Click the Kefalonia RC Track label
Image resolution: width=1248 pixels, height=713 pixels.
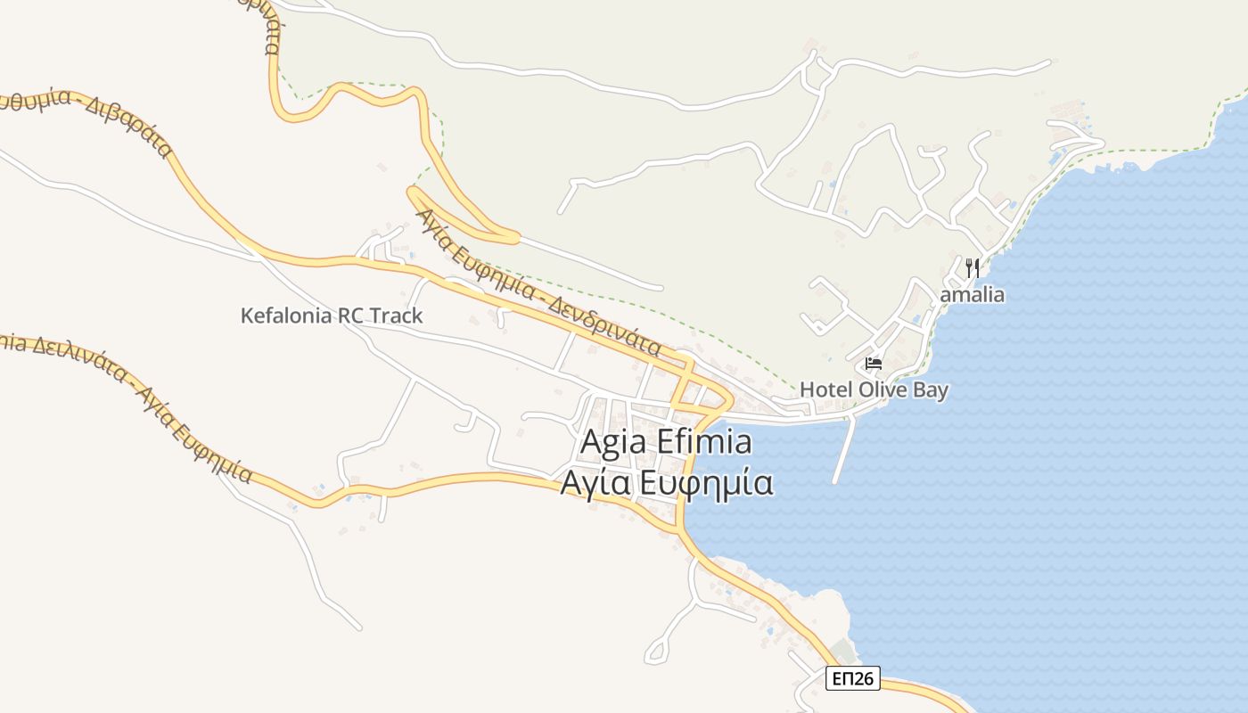click(332, 316)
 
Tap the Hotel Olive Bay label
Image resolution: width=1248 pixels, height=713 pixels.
click(874, 389)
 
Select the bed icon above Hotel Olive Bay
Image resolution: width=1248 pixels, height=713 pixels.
click(873, 364)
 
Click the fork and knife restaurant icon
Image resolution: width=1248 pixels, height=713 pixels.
click(973, 266)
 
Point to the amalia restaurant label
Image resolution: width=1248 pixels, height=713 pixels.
click(973, 294)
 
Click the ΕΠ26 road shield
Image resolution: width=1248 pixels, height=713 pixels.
click(852, 679)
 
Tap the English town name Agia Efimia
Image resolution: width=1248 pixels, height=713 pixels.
click(666, 442)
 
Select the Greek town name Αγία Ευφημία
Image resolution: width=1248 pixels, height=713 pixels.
click(666, 482)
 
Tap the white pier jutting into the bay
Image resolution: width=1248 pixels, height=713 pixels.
click(843, 449)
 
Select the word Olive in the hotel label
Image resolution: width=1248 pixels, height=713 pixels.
click(884, 389)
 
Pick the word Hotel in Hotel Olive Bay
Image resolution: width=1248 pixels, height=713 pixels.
click(825, 389)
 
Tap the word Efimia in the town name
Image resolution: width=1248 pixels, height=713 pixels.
click(704, 442)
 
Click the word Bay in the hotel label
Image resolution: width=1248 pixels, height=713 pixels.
click(931, 389)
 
